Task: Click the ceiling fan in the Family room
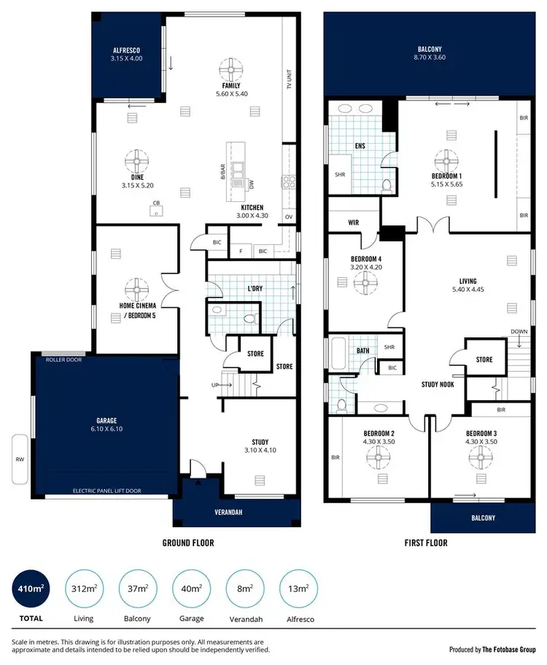[231, 71]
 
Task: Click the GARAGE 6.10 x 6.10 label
[106, 424]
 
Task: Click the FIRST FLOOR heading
[425, 542]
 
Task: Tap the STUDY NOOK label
[438, 384]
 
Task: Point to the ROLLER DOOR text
[64, 359]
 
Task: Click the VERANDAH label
[228, 513]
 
